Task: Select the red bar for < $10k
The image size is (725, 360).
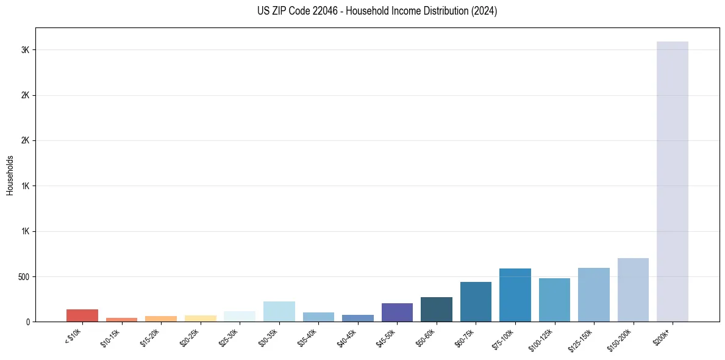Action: click(82, 315)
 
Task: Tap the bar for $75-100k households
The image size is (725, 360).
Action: click(515, 295)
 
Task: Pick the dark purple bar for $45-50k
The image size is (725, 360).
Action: click(397, 312)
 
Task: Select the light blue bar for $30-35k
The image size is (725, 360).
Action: click(279, 311)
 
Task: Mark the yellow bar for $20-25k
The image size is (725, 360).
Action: click(201, 319)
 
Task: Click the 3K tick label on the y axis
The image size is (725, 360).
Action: click(26, 50)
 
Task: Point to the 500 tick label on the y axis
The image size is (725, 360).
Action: click(24, 277)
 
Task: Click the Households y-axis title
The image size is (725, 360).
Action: click(10, 175)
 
